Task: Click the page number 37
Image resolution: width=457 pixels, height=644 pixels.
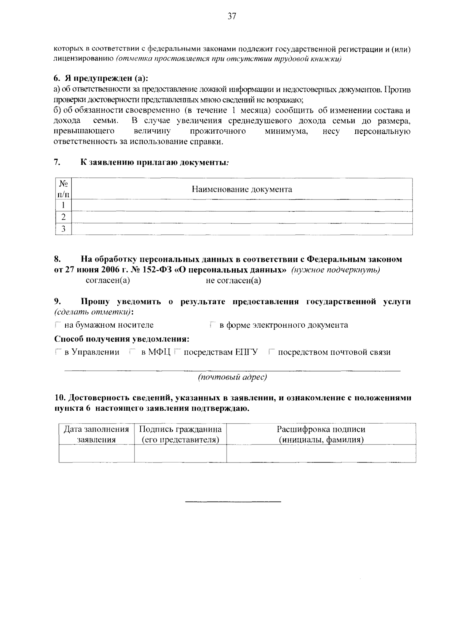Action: [x=232, y=16]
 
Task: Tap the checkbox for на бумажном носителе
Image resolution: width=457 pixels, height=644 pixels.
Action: [x=58, y=325]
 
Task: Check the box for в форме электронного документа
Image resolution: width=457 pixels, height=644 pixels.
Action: [x=213, y=325]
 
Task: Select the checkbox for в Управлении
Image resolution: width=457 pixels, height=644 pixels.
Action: [x=58, y=352]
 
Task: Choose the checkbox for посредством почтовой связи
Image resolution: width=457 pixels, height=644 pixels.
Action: [x=271, y=352]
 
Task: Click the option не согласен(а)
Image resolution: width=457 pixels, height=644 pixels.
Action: [x=233, y=281]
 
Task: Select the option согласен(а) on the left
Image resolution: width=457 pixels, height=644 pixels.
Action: [x=108, y=281]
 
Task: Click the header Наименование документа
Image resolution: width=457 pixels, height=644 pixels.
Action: [x=242, y=189]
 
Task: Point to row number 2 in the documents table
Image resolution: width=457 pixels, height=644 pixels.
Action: [x=64, y=217]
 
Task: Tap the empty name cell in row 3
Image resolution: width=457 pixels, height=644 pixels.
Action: [x=242, y=229]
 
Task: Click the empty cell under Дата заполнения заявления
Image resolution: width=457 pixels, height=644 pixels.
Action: [x=96, y=453]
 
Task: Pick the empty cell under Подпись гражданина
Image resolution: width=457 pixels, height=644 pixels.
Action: [x=181, y=453]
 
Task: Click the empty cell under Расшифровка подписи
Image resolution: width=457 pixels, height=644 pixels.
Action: [x=321, y=453]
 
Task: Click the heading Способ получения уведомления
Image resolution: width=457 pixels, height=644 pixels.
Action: [x=122, y=339]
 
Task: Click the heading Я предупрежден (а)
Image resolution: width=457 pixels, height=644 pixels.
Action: [x=101, y=78]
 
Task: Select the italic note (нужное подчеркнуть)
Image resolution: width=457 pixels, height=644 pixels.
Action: [x=336, y=270]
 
